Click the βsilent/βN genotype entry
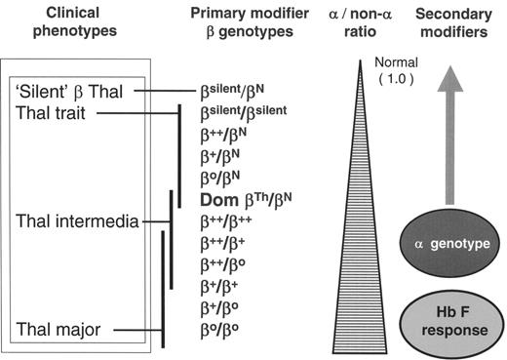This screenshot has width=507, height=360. (231, 92)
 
